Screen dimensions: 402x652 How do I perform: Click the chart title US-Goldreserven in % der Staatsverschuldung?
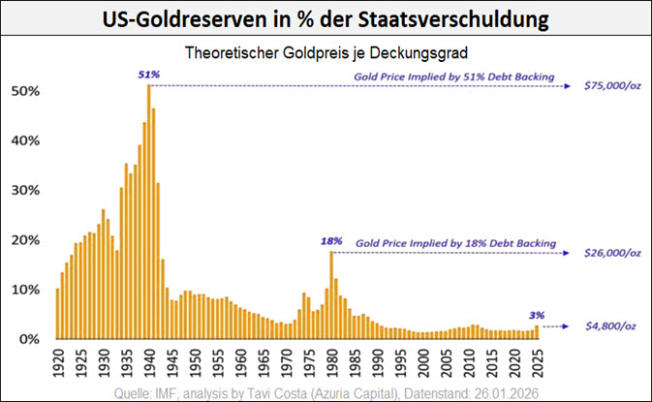326,19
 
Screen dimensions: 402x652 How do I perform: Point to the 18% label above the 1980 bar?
330,239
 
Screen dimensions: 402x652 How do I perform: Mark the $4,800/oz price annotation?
611,327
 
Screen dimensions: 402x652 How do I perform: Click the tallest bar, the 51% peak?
148,213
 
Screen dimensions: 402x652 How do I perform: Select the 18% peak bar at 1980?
331,295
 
